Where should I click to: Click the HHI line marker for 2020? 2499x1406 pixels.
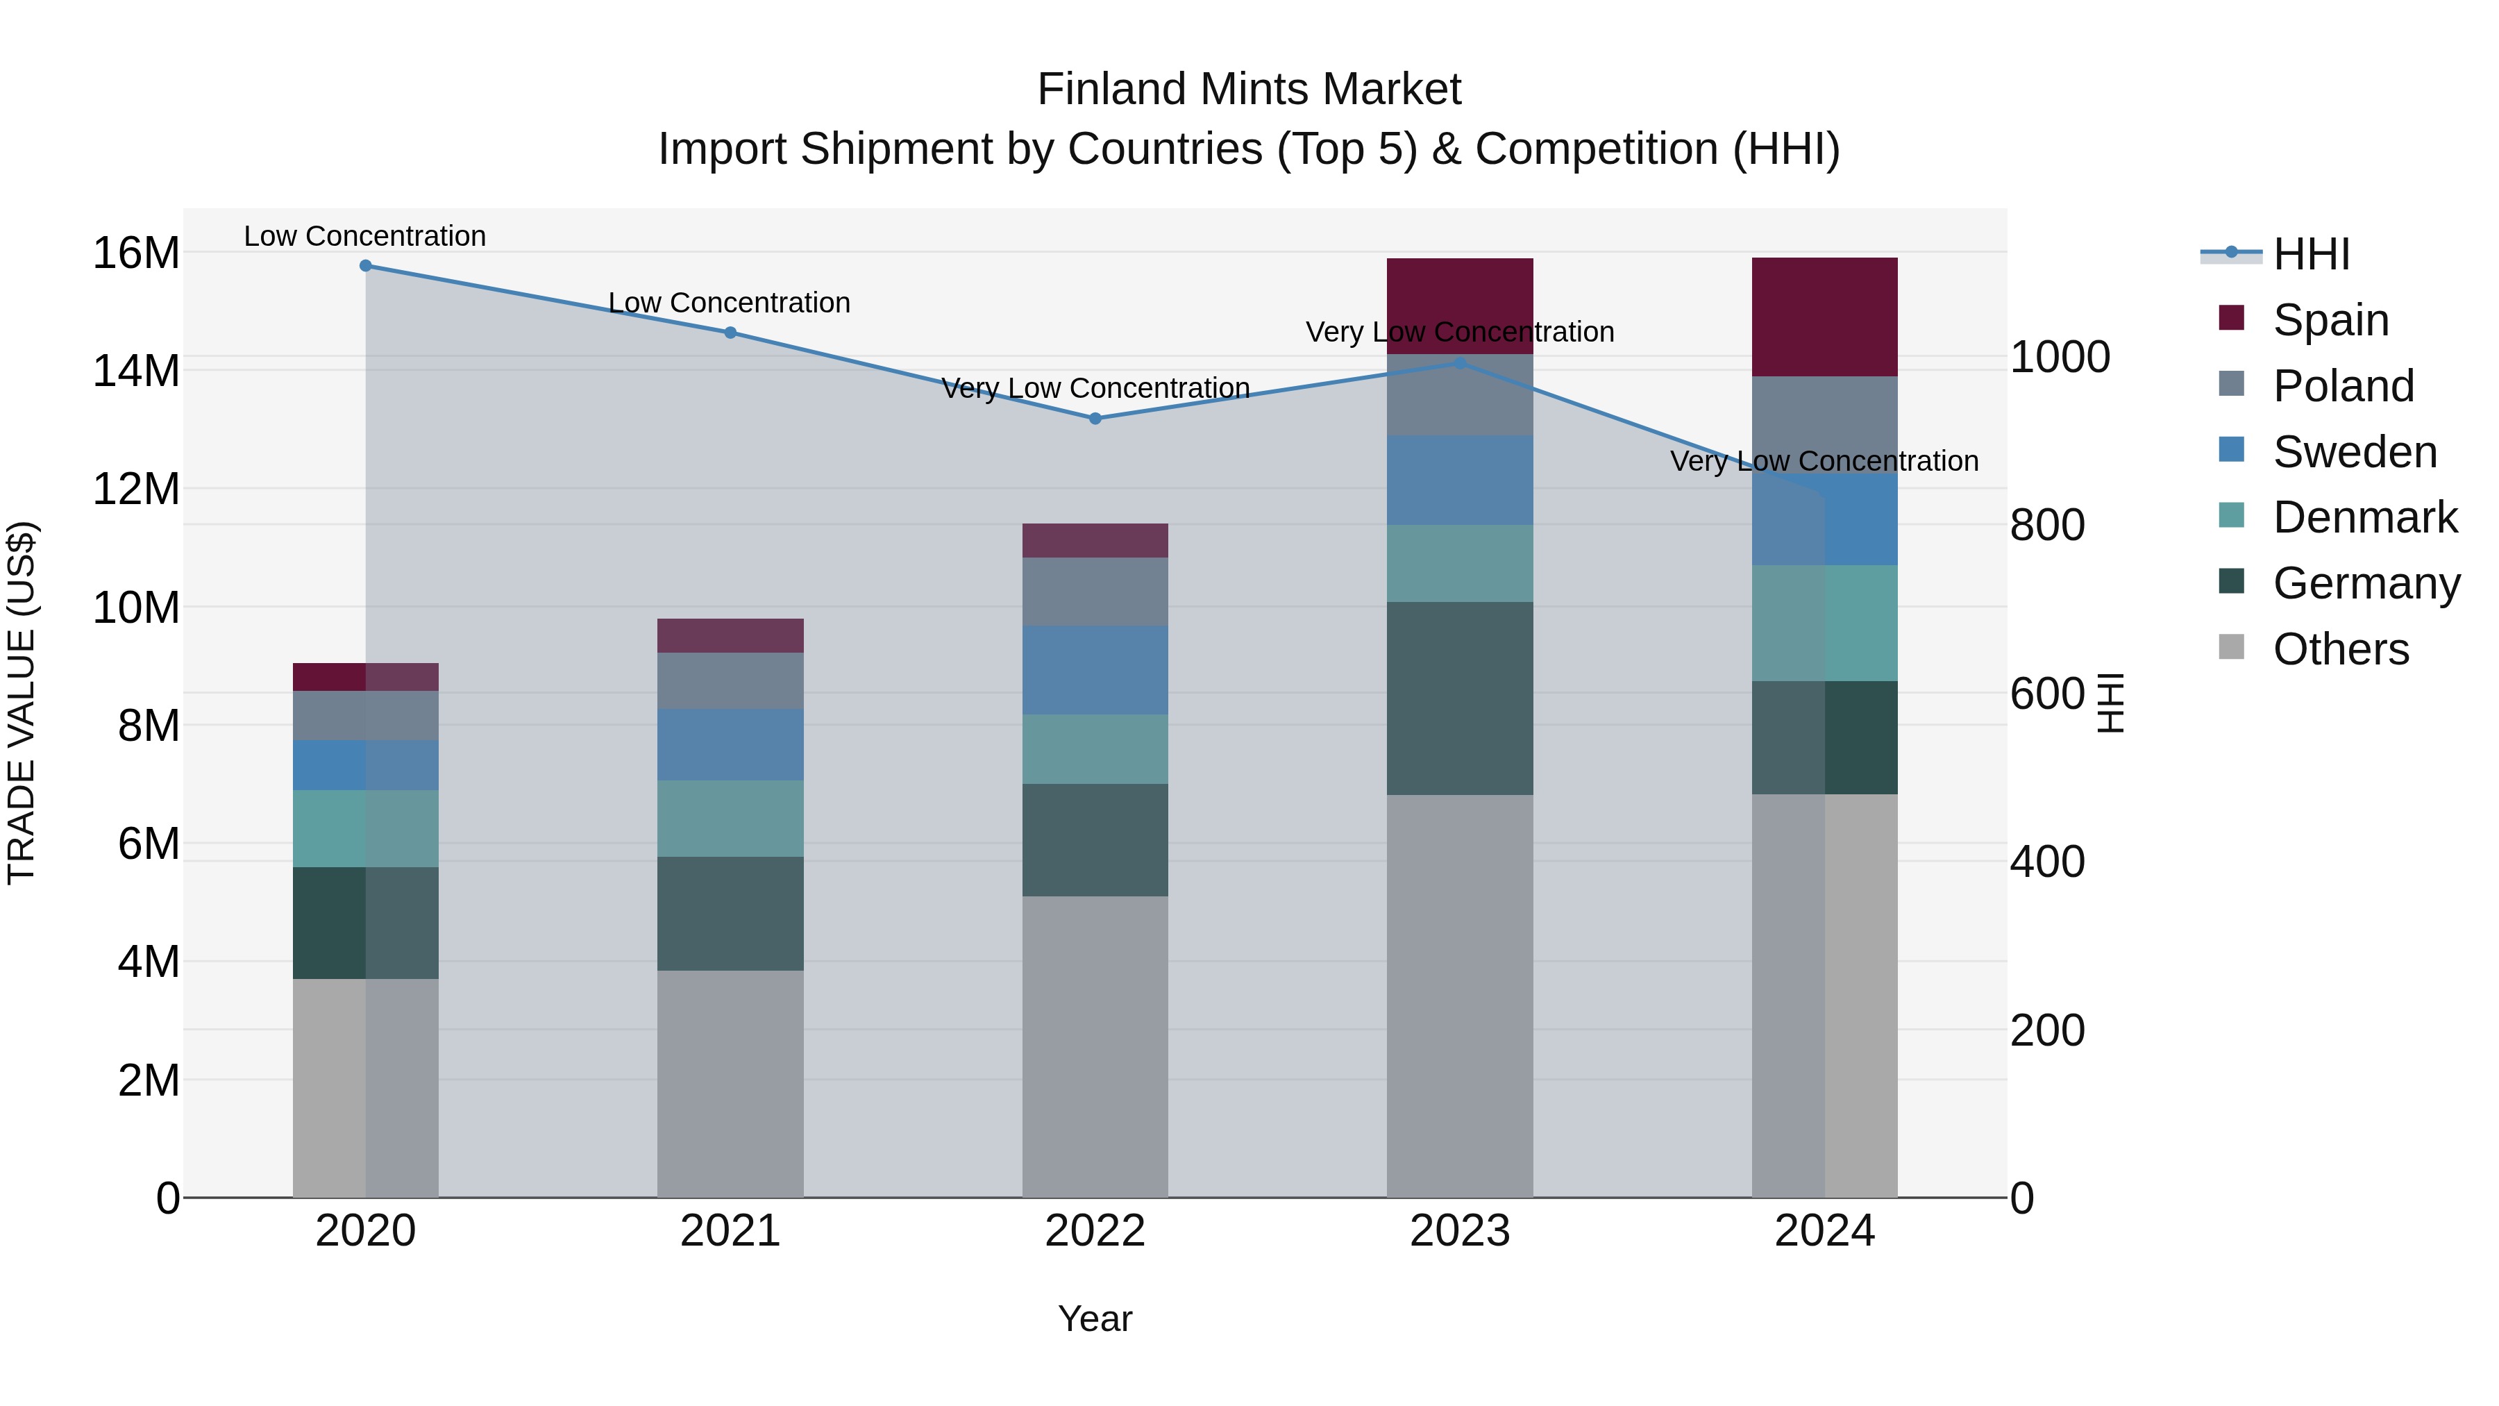click(366, 266)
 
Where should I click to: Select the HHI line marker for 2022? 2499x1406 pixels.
click(1095, 418)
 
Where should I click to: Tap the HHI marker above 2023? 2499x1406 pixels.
click(1460, 363)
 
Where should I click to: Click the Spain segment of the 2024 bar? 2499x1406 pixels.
click(1825, 317)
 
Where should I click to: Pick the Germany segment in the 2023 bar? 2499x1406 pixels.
click(1460, 698)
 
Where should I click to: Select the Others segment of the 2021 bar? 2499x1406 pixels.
click(730, 1083)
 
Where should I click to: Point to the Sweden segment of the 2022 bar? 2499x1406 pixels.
click(1095, 669)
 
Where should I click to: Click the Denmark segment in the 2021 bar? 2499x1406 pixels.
click(730, 818)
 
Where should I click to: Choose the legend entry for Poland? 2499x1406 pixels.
click(2342, 386)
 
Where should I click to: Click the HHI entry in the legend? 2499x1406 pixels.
click(2311, 254)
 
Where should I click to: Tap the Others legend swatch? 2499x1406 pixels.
click(2231, 647)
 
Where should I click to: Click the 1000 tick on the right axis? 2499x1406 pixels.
click(2060, 357)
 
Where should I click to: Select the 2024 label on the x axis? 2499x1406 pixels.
click(1825, 1231)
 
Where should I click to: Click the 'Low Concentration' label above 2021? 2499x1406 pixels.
click(730, 303)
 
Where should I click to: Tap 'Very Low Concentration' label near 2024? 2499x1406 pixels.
click(1824, 461)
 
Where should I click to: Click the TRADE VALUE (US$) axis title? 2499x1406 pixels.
click(22, 703)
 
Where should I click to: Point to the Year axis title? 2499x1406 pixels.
click(1095, 1319)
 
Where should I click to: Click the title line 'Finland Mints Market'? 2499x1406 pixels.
click(1249, 90)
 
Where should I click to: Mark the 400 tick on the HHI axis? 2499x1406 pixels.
click(2047, 862)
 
